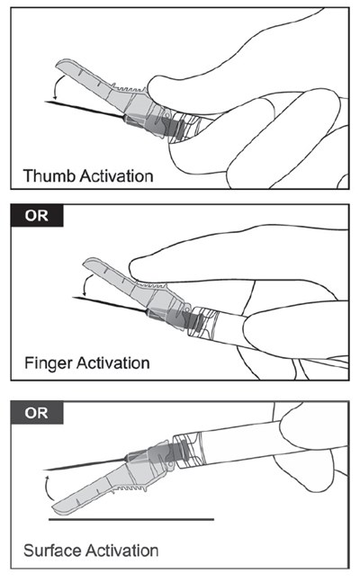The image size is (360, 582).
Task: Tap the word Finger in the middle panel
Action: [48, 363]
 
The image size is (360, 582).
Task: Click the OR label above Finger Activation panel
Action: [36, 215]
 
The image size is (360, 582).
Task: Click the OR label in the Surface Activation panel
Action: [36, 412]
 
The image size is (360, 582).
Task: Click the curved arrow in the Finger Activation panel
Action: [85, 284]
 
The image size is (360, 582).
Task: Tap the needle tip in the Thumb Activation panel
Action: [45, 102]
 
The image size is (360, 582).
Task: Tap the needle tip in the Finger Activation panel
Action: [73, 298]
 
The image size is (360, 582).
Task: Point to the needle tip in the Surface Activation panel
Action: [44, 470]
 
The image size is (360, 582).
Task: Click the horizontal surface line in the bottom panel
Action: [131, 519]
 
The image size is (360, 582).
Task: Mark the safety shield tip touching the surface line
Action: [58, 509]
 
